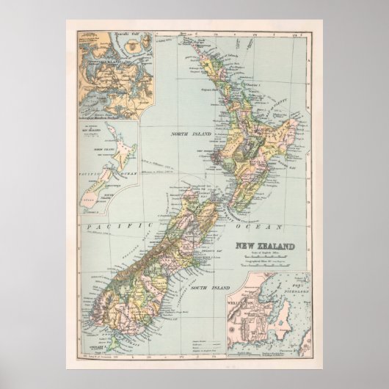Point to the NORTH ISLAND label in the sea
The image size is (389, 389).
[191, 134]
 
